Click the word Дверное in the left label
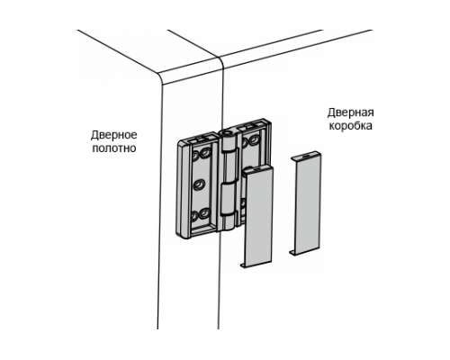point(114,135)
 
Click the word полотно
point(114,148)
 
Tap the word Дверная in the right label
point(351,112)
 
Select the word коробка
point(351,126)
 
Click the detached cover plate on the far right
point(305,203)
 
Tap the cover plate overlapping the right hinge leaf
point(257,216)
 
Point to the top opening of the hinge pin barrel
point(226,131)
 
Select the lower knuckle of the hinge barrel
point(228,200)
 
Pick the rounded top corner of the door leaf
point(161,78)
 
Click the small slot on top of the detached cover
point(305,157)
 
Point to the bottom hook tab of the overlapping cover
point(244,265)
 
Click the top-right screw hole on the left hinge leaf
point(206,152)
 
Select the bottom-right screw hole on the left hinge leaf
point(205,213)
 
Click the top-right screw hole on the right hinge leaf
point(255,139)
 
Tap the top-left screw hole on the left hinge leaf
point(195,156)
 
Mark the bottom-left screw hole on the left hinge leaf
point(195,216)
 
